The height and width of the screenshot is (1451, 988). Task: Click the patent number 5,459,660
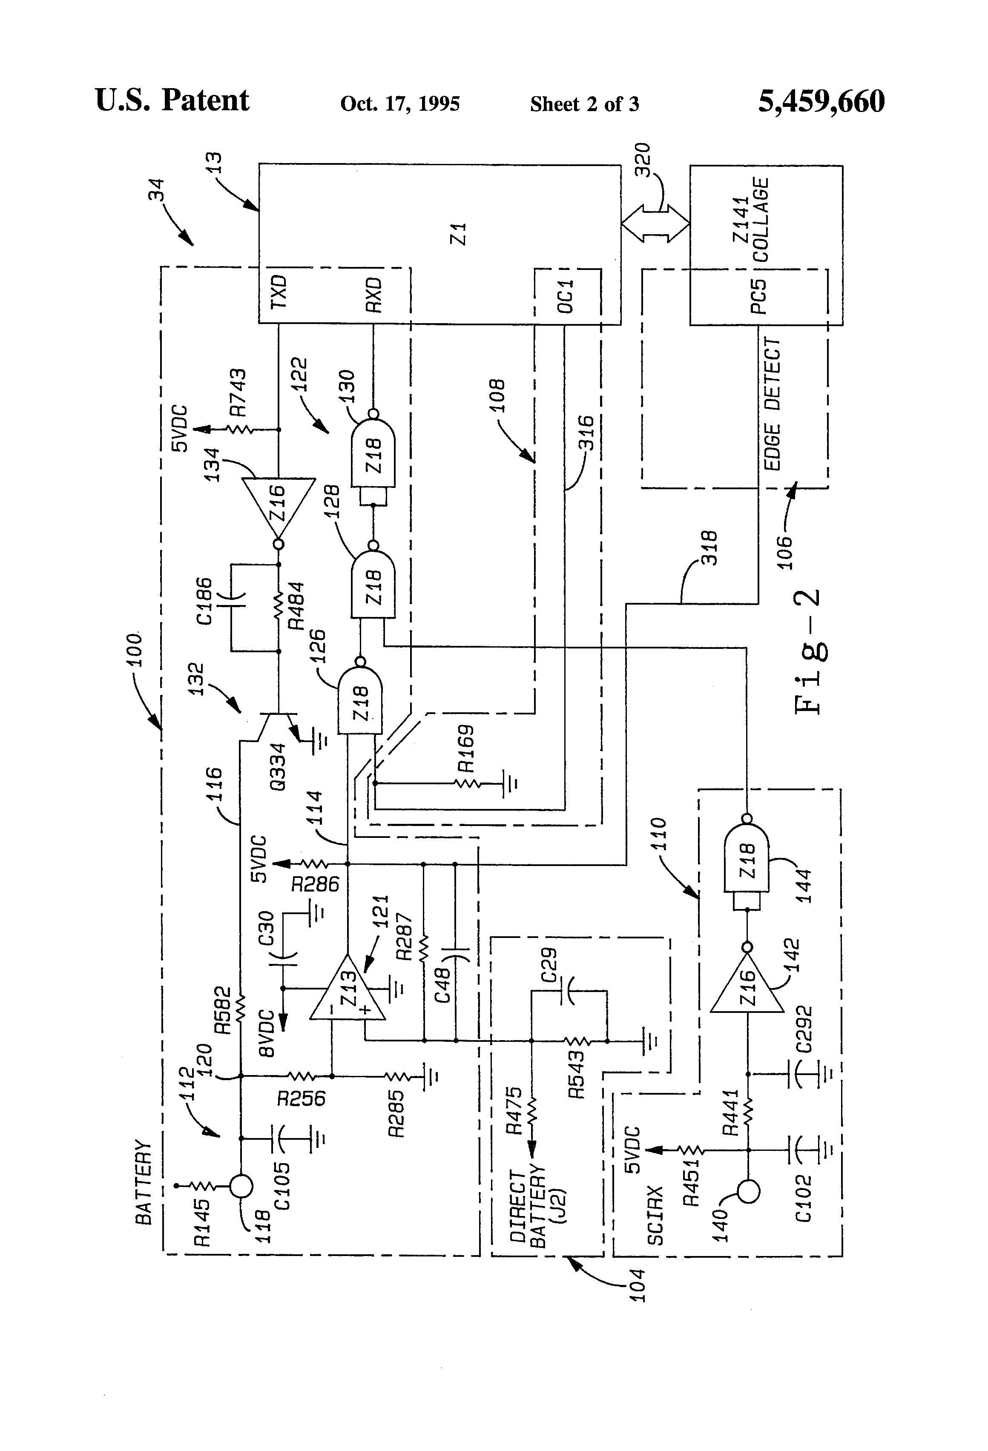point(821,101)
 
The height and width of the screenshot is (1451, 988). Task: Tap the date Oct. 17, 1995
point(400,103)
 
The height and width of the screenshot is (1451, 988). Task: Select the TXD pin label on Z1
point(279,292)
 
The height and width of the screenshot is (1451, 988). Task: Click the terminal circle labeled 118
point(241,1185)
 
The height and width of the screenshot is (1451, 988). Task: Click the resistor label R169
point(465,748)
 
